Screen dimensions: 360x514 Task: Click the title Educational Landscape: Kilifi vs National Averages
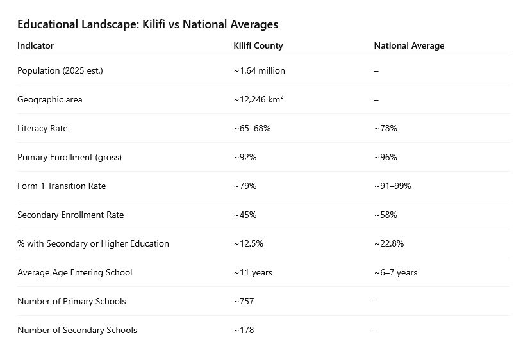coord(147,25)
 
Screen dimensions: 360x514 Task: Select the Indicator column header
coord(35,46)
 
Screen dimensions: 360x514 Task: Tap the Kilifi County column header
coord(258,46)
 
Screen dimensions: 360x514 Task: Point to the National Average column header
coord(409,46)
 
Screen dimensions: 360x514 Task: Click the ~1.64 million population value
coord(259,71)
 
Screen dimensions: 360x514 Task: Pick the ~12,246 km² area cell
coord(258,100)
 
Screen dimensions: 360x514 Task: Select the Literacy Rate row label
coord(42,129)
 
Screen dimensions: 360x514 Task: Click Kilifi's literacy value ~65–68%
coord(252,129)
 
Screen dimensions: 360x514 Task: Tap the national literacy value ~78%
coord(385,129)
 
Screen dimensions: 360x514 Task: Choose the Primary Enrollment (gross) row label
coord(69,158)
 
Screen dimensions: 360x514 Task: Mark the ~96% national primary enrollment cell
coord(385,158)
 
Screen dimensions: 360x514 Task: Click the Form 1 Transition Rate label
coord(62,186)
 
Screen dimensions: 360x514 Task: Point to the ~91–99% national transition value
coord(392,186)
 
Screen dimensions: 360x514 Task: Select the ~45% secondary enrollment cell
coord(245,215)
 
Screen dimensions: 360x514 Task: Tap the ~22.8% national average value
coord(388,244)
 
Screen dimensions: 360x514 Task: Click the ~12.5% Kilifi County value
coord(248,244)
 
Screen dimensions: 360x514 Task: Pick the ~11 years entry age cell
coord(253,273)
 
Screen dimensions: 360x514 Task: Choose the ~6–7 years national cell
coord(395,273)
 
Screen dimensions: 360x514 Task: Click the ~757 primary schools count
coord(244,302)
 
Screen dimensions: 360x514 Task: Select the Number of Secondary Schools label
coord(77,331)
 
